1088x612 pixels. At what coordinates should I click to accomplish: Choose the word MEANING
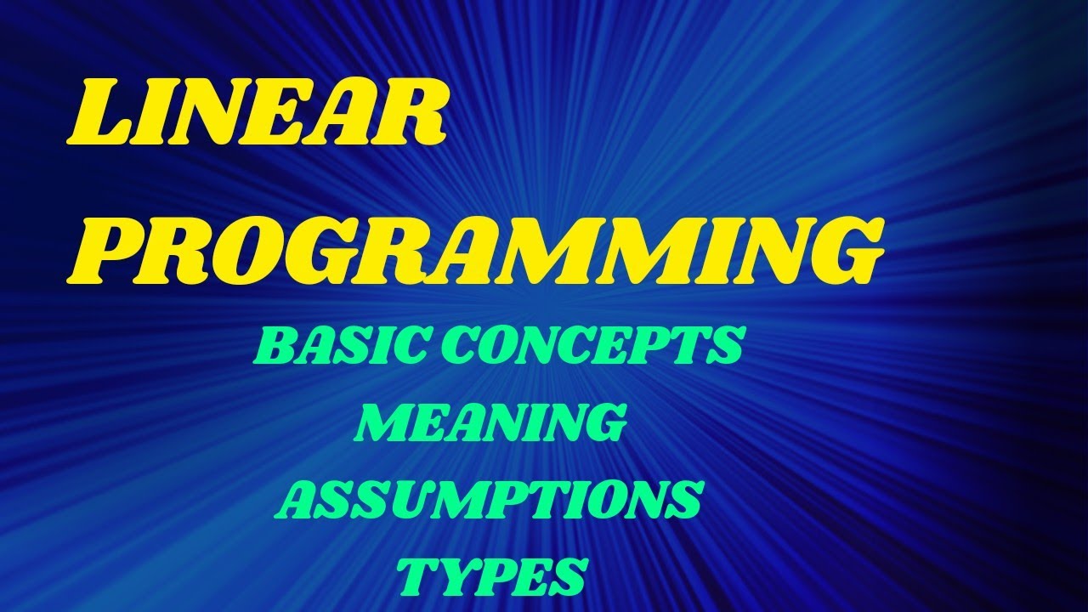488,422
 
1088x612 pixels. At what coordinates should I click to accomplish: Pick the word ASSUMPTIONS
490,500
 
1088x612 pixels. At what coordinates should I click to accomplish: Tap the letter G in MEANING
595,423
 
